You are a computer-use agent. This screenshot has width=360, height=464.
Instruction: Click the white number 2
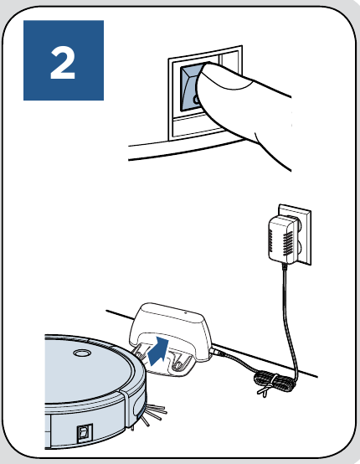coord(63,63)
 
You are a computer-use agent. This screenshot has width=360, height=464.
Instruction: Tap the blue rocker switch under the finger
coord(189,87)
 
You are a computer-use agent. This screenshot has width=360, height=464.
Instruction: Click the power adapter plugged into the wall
coord(281,239)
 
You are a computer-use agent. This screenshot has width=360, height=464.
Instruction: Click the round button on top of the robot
coord(82,353)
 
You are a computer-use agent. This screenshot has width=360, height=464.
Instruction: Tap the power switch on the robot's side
coord(85,434)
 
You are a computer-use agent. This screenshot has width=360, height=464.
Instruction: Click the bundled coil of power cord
coord(274,382)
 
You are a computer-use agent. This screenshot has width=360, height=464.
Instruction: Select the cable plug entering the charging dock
coord(219,352)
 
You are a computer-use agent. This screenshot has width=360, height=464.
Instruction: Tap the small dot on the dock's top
coord(185,312)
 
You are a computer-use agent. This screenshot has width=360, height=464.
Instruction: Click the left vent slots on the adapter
coord(271,240)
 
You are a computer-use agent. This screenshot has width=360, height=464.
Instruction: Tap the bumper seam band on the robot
coord(124,410)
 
